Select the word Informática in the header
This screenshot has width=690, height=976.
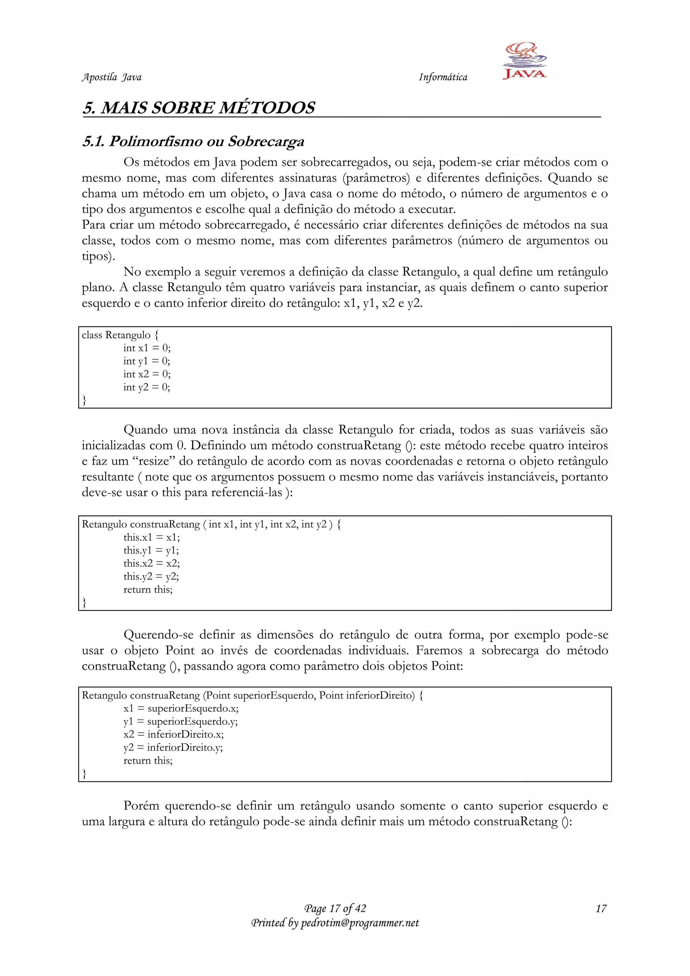pyautogui.click(x=443, y=77)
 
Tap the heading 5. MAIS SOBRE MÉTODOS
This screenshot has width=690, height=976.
pyautogui.click(x=199, y=108)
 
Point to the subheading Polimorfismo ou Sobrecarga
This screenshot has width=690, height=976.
pyautogui.click(x=207, y=142)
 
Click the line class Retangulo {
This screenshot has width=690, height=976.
pyautogui.click(x=120, y=335)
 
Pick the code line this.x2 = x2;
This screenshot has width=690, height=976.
pyautogui.click(x=152, y=563)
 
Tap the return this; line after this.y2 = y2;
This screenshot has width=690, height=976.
pyautogui.click(x=148, y=590)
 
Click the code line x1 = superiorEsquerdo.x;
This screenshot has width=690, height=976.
pyautogui.click(x=181, y=709)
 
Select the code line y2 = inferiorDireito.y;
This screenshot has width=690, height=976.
pyautogui.click(x=173, y=748)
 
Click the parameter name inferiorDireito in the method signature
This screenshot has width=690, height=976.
pyautogui.click(x=380, y=696)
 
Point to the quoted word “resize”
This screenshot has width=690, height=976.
pyautogui.click(x=153, y=461)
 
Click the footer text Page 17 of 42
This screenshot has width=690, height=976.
pyautogui.click(x=335, y=909)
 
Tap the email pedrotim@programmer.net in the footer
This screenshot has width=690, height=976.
pyautogui.click(x=359, y=923)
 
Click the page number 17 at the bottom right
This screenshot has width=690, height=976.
pyautogui.click(x=601, y=909)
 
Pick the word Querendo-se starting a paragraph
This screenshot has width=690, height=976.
pyautogui.click(x=158, y=635)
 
